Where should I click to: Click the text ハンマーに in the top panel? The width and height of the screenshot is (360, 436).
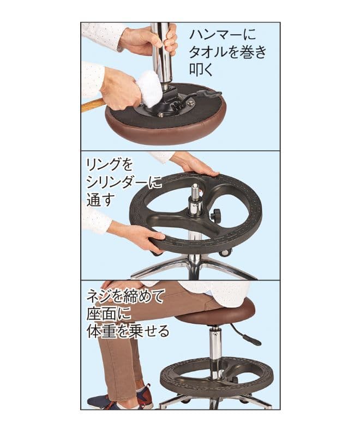[223, 35]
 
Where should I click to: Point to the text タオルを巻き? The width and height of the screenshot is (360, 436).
[227, 52]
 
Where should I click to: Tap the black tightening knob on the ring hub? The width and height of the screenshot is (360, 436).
[216, 215]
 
